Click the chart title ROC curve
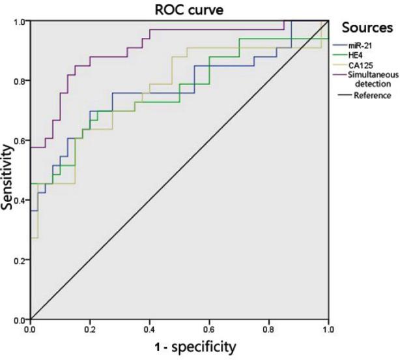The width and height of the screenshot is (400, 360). click(180, 8)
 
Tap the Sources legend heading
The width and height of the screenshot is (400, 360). click(367, 28)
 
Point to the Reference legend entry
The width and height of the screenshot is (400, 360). click(372, 95)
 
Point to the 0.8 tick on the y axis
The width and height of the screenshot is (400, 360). click(18, 82)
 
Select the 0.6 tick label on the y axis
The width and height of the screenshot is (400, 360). click(18, 141)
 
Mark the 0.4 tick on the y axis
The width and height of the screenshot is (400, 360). click(18, 201)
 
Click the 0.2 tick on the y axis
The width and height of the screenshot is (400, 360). click(18, 261)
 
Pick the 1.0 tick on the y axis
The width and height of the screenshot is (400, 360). click(18, 22)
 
